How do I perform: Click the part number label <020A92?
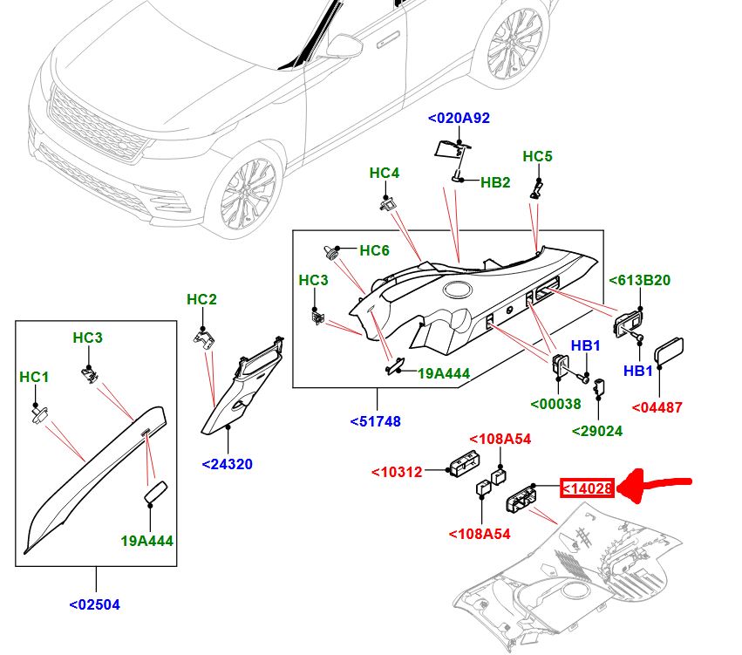point(459,118)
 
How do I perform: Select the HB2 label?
point(495,182)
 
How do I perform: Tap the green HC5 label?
point(538,156)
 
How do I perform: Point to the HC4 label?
point(384,173)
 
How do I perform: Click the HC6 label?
point(374,250)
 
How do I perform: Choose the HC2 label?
point(201,300)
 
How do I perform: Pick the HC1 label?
point(34,377)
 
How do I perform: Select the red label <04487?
point(657,407)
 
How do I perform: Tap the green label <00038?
point(556,404)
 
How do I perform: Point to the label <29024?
point(597,431)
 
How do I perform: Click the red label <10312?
point(397,472)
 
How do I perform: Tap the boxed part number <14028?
point(588,489)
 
